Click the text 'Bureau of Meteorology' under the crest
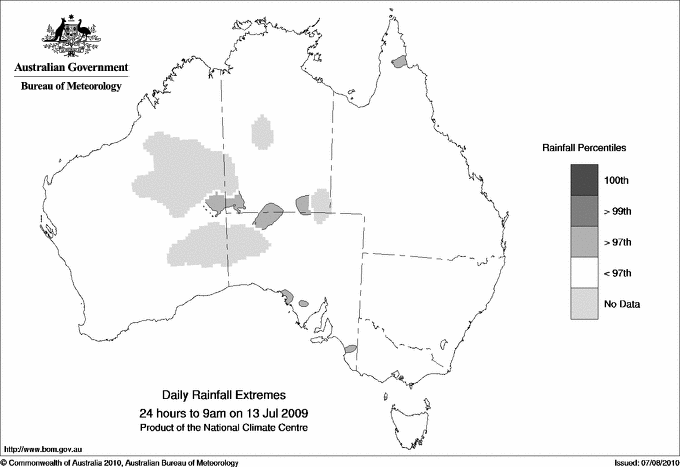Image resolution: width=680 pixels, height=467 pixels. coord(71,86)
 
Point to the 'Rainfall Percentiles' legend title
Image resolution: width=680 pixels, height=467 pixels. coord(584,147)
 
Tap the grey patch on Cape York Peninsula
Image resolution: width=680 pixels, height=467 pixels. coord(401,62)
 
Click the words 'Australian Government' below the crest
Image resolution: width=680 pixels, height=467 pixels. coord(71,67)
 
